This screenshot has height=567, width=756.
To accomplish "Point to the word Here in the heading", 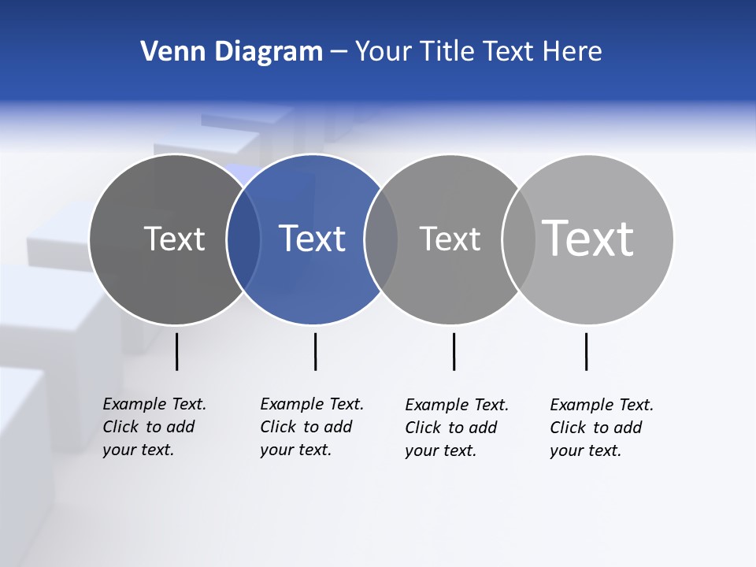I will click(572, 52).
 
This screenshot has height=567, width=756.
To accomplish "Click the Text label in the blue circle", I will click(313, 239).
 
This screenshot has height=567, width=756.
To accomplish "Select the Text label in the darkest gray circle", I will click(174, 239).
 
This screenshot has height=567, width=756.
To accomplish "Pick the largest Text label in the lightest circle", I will click(588, 238).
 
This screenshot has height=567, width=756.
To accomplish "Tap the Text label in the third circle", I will click(450, 239).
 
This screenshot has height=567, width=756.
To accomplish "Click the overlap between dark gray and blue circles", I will click(243, 239).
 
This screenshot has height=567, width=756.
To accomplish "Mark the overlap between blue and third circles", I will click(381, 239).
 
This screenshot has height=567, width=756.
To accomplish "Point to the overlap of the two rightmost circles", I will click(519, 239).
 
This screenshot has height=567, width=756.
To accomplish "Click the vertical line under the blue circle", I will click(315, 351).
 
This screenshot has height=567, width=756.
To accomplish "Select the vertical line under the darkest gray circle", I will click(176, 351).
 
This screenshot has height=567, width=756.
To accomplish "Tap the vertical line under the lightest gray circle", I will click(586, 351).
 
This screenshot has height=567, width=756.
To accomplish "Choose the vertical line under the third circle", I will click(454, 351).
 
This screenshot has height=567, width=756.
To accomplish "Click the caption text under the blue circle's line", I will click(311, 427).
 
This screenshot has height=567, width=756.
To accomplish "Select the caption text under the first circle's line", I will click(154, 427).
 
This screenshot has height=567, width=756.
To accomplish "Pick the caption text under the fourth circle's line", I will click(601, 428).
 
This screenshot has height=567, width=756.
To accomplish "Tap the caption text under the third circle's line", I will click(456, 428).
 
